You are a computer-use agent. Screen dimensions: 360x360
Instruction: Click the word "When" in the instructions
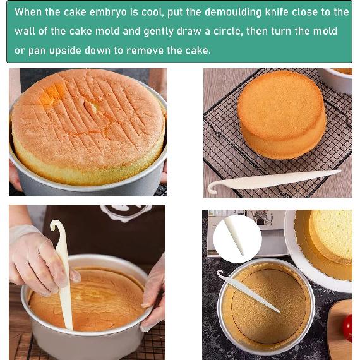click(x=28, y=12)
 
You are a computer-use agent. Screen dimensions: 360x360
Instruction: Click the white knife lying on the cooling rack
click(x=272, y=181)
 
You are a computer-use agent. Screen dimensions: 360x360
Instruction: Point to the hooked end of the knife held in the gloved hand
click(x=57, y=229)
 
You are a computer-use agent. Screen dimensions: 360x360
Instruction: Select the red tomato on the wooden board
click(x=348, y=327)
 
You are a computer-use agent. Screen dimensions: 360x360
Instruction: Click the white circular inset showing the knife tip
click(x=237, y=239)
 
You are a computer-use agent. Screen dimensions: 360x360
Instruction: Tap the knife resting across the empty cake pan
click(x=249, y=292)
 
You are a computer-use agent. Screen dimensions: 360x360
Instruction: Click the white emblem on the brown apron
click(x=126, y=213)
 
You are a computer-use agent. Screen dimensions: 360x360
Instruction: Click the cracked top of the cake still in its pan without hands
click(x=87, y=117)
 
